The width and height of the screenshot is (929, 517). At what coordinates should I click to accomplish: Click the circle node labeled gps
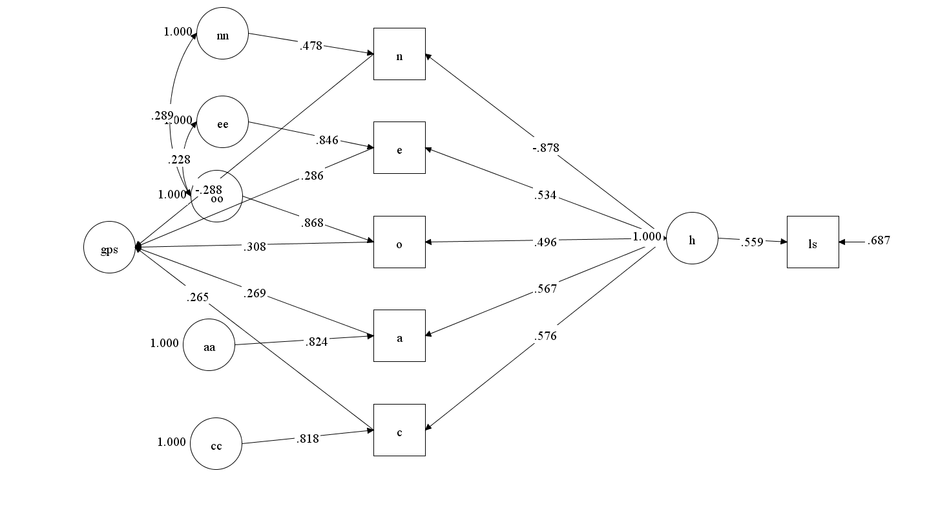point(109,247)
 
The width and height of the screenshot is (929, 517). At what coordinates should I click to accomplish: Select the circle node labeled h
point(692,240)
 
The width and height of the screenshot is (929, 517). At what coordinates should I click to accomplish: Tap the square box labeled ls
point(813,242)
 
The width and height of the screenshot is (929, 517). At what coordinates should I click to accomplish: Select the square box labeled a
point(399,335)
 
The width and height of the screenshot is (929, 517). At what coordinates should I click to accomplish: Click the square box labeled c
point(399,430)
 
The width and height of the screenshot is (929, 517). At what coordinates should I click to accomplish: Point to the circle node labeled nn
point(222,34)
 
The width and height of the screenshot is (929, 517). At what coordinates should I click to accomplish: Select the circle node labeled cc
point(216,443)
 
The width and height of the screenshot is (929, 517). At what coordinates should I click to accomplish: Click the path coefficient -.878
point(546,148)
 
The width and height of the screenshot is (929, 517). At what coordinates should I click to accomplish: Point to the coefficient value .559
point(753,242)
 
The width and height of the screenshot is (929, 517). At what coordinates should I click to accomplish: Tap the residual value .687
point(879,240)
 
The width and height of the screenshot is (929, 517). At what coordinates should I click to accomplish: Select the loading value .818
point(308,438)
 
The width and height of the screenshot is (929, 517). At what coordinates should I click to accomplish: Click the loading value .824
point(316,341)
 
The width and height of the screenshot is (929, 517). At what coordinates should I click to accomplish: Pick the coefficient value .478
point(311,46)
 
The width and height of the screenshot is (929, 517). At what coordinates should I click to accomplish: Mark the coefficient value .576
point(545,336)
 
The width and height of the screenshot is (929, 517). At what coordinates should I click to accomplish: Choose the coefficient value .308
point(255,246)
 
